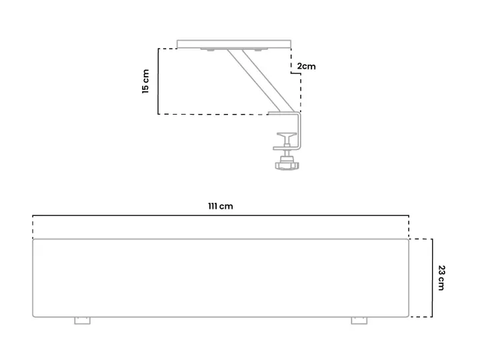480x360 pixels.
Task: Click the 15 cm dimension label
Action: [146, 81]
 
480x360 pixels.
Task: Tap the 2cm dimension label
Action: [306, 66]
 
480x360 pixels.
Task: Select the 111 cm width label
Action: [221, 206]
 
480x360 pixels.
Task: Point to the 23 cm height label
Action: [441, 277]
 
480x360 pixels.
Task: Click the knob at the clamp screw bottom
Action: [287, 165]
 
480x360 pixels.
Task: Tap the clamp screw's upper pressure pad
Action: [287, 135]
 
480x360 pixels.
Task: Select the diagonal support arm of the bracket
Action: [261, 81]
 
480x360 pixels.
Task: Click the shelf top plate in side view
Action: [234, 44]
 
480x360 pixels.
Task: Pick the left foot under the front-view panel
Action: [83, 321]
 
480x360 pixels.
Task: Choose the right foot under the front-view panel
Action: [359, 321]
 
